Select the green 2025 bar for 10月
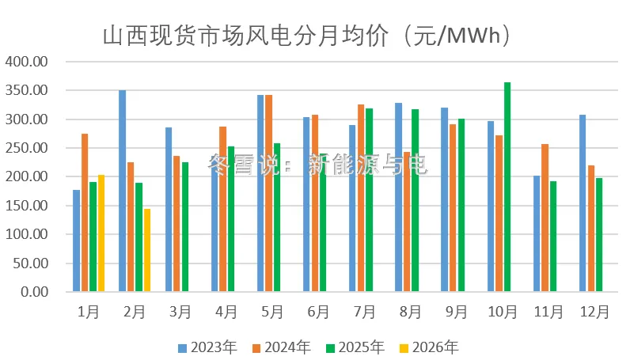pos(507,187)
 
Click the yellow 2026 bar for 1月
pos(101,233)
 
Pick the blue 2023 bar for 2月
pos(123,191)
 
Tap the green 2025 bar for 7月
pos(369,200)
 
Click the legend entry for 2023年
pos(202,347)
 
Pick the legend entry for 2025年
pos(354,347)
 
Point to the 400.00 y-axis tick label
pos(27,62)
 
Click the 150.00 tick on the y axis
pos(27,206)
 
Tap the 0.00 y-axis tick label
pos(33,292)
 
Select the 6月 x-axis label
pos(318,313)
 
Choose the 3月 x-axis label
pos(180,313)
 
